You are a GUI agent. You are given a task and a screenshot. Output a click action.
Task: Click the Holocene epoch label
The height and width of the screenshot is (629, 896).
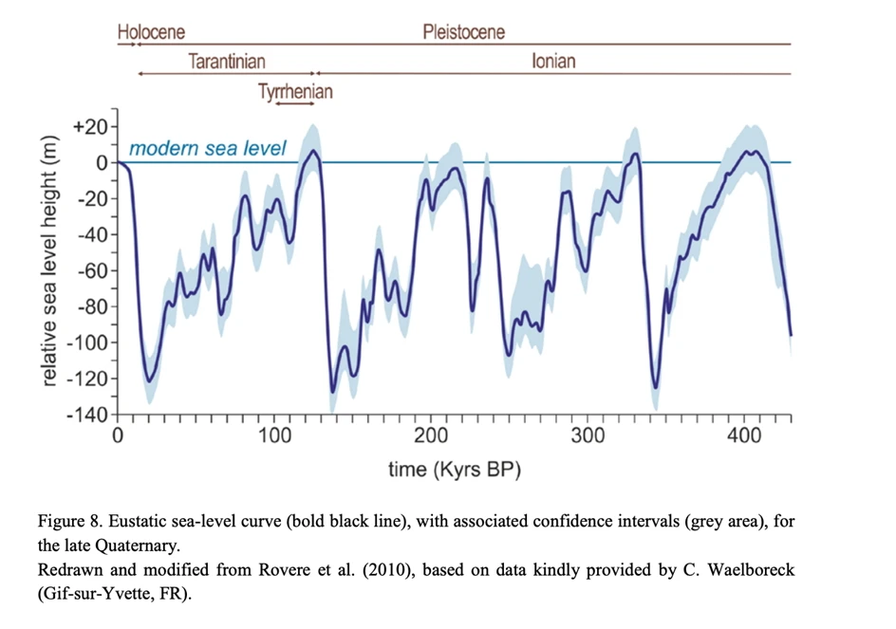pyautogui.click(x=152, y=31)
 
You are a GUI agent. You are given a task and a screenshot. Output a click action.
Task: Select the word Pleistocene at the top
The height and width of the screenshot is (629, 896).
pyautogui.click(x=463, y=31)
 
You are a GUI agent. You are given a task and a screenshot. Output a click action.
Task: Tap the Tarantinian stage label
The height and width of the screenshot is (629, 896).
pyautogui.click(x=226, y=62)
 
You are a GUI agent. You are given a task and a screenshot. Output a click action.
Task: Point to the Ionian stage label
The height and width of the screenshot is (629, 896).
pyautogui.click(x=553, y=62)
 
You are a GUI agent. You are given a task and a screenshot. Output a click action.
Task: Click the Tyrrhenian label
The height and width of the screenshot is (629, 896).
pyautogui.click(x=295, y=92)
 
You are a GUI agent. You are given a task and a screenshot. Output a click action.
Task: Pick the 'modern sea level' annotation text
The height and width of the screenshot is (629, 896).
pyautogui.click(x=207, y=149)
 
